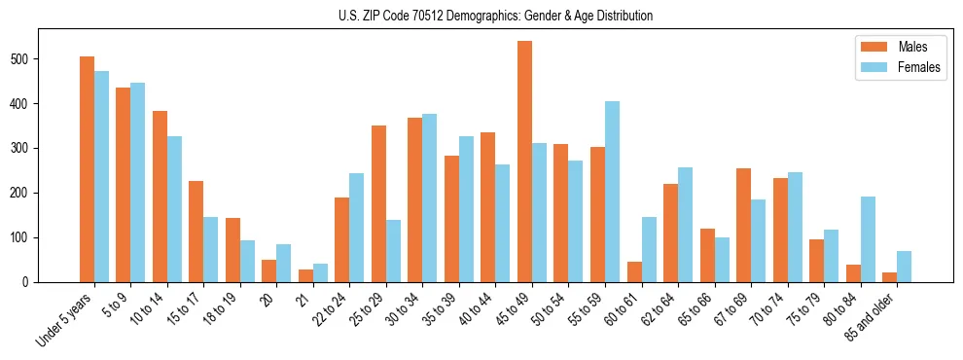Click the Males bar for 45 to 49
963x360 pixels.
click(525, 162)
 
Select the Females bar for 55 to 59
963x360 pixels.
click(613, 192)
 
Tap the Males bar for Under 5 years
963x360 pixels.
click(88, 169)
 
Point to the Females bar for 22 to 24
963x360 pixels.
click(357, 228)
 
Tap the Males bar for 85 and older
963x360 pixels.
click(889, 277)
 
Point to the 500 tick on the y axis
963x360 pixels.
click(39, 59)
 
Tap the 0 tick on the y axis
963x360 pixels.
click(39, 282)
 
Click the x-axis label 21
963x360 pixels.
click(303, 296)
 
